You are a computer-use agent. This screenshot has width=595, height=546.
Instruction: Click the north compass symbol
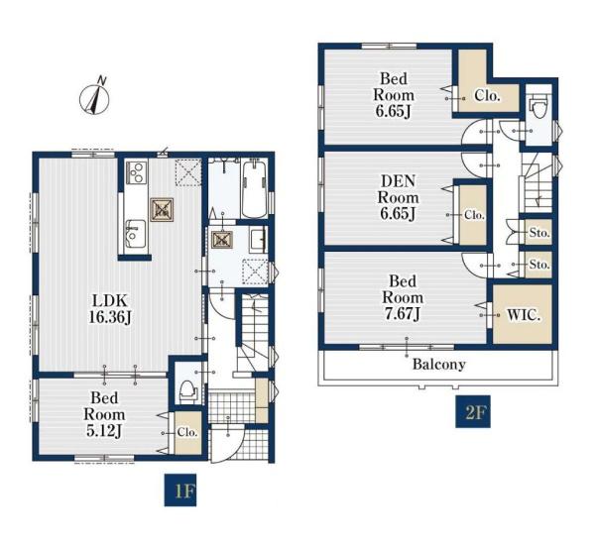click(94, 97)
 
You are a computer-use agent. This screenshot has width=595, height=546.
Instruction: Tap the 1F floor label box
click(180, 490)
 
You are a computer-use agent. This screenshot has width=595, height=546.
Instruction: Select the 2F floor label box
click(473, 411)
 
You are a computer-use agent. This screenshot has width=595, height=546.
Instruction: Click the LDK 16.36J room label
click(110, 309)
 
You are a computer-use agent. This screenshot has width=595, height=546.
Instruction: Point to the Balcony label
click(439, 365)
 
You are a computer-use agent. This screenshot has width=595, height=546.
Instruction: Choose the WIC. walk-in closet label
click(524, 315)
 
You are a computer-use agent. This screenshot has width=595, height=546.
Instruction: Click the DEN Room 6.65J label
click(398, 197)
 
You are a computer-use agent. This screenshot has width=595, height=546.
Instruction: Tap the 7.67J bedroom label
click(403, 297)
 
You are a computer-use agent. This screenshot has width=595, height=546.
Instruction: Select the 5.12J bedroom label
click(104, 414)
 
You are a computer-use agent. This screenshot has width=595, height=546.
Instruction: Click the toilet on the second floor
click(539, 107)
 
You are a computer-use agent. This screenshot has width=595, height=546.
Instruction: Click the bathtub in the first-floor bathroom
click(254, 189)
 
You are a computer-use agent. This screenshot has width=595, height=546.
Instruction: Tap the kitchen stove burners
click(136, 172)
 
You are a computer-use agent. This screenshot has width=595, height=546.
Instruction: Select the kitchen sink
click(136, 234)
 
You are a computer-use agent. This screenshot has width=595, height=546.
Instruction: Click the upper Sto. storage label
click(539, 233)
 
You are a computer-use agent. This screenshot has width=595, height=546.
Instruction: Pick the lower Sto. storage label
click(539, 264)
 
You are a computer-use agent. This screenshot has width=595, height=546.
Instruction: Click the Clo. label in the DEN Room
click(475, 215)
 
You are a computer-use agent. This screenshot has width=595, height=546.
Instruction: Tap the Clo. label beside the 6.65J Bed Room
click(488, 96)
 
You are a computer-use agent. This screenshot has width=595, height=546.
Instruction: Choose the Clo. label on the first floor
click(187, 432)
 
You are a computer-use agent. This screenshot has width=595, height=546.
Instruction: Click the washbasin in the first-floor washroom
click(258, 241)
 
